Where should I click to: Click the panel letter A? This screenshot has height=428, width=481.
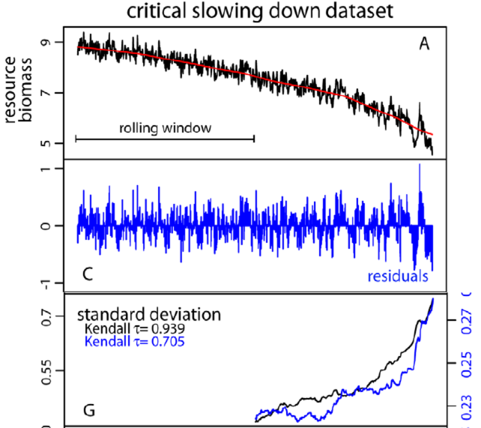coord(424,44)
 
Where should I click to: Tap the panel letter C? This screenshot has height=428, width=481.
coord(87,275)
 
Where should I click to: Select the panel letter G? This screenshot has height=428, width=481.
coord(89,411)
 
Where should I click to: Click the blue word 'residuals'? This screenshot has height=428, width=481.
coord(398,276)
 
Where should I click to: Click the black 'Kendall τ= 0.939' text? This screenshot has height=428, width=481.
coord(135,329)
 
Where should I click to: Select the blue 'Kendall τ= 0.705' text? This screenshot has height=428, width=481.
coord(135,342)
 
